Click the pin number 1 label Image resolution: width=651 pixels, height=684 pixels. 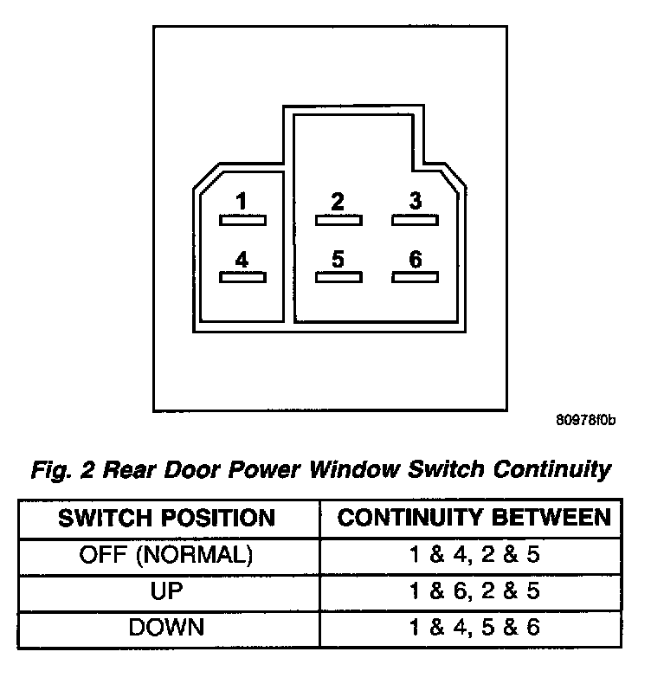[x=242, y=201]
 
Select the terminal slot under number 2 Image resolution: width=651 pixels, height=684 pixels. [x=338, y=221]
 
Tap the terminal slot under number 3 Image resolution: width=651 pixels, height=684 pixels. [x=415, y=221]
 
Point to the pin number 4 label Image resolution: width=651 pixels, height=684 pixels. [x=242, y=260]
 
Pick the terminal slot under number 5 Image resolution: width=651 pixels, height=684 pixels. [x=338, y=277]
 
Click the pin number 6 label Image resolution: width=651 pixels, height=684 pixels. [x=416, y=259]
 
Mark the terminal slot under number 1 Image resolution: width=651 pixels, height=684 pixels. [x=242, y=221]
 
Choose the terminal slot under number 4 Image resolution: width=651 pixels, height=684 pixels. [x=242, y=277]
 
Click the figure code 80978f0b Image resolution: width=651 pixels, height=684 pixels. [x=585, y=420]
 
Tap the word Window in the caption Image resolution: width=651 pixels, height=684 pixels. [x=354, y=469]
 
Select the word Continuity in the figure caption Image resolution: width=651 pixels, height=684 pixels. [x=552, y=470]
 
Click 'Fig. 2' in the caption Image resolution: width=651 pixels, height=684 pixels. [x=62, y=470]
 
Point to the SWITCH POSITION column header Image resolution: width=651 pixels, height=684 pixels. [x=166, y=518]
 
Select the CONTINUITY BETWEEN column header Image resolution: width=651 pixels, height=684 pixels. [x=474, y=518]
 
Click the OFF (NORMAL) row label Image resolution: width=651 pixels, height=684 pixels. [x=165, y=555]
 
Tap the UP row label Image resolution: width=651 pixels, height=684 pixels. [x=166, y=590]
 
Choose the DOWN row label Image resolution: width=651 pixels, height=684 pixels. [x=166, y=628]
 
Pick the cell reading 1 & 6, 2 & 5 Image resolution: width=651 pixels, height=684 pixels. [x=474, y=591]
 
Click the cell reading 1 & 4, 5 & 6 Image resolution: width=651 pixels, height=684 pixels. [x=474, y=628]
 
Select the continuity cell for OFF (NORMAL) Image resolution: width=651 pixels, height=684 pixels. [x=474, y=554]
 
